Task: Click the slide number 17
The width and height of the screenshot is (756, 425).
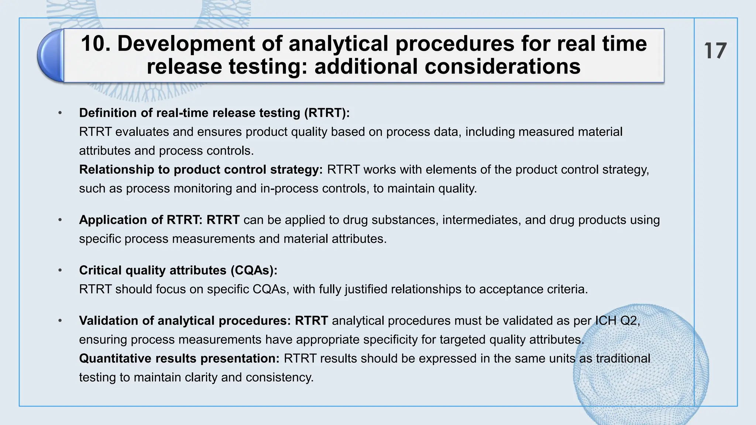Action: click(x=715, y=51)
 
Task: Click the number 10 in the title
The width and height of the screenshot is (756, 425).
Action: click(x=93, y=44)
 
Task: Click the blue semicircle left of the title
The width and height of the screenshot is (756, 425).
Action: click(x=50, y=55)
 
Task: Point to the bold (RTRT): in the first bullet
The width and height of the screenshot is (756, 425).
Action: click(x=327, y=113)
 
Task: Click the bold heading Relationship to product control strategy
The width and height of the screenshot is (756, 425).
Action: click(x=201, y=170)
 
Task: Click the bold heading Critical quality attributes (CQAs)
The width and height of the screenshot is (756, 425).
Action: click(x=178, y=270)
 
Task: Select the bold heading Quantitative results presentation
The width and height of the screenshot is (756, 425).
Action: click(x=179, y=359)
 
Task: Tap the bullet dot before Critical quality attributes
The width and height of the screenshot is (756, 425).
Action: click(x=60, y=270)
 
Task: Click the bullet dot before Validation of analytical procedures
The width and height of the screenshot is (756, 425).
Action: click(x=60, y=321)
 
